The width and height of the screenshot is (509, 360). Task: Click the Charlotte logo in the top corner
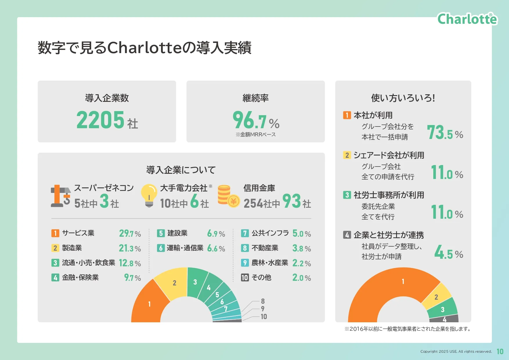tap(467, 19)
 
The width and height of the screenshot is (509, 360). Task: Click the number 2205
tap(100, 120)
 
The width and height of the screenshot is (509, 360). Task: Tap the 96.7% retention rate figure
tap(256, 120)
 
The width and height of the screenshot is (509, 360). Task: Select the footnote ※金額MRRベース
tap(256, 135)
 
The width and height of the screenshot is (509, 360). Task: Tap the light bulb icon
tap(149, 196)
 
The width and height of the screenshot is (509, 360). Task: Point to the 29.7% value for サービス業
tap(130, 234)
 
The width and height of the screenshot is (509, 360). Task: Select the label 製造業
tap(72, 248)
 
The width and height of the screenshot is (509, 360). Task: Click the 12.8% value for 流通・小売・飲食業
tap(130, 263)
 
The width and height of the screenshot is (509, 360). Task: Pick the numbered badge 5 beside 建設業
tap(161, 233)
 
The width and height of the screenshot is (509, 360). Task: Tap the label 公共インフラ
tap(270, 233)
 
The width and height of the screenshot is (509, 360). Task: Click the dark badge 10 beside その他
tap(245, 278)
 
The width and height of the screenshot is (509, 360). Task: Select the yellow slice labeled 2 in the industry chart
tap(173, 283)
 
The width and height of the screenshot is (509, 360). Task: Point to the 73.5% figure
tap(445, 133)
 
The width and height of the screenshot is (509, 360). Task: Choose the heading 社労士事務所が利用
tap(389, 195)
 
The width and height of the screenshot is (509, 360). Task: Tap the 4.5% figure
tap(448, 252)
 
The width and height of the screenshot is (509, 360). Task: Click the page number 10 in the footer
tap(500, 352)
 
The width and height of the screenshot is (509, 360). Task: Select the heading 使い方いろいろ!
tap(403, 98)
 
